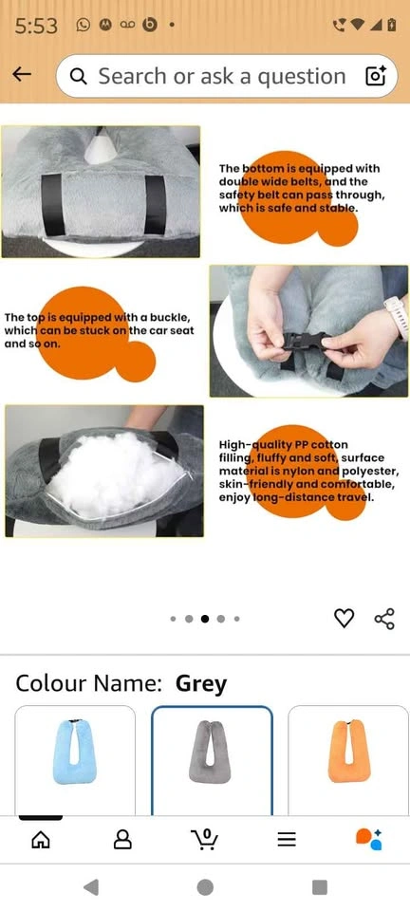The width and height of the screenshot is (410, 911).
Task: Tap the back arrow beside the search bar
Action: point(22,74)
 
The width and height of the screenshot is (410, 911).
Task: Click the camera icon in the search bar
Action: point(375,76)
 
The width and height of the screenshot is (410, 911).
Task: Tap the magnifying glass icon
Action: point(79,76)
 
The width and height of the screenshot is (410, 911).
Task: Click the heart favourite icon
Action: point(344,619)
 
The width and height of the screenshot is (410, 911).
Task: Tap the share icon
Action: point(384,619)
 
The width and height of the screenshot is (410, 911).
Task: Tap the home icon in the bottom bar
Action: point(41,839)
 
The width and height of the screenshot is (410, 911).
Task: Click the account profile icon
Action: point(122,839)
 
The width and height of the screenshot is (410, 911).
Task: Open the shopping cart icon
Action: point(204,839)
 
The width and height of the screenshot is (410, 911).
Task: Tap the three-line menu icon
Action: point(287,839)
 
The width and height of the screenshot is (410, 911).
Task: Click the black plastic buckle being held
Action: point(305,341)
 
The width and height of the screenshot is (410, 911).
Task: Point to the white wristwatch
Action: point(397,316)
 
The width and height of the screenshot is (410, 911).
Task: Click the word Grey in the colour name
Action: point(201,684)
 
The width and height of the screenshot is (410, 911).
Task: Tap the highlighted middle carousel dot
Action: point(205,619)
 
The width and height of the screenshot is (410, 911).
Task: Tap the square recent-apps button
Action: point(320,887)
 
